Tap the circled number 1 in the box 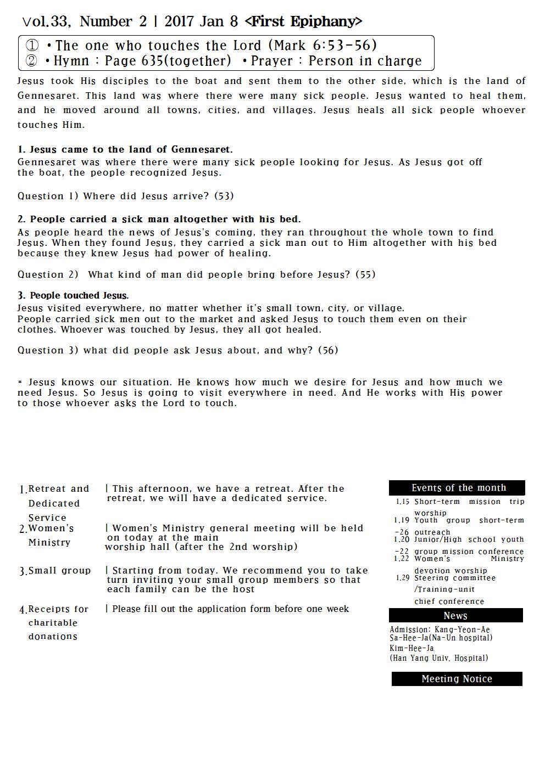point(32,46)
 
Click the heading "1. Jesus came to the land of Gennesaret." point(125,149)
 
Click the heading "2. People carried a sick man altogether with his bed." point(159,219)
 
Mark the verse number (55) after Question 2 point(365,274)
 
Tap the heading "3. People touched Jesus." point(73,295)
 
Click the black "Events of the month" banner point(457,488)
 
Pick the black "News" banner point(455,616)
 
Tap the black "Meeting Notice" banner point(457,679)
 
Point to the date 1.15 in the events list point(403,502)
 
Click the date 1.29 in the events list point(403,578)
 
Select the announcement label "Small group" point(59,571)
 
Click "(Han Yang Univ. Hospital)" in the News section point(439,658)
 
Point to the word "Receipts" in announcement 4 point(50,609)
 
